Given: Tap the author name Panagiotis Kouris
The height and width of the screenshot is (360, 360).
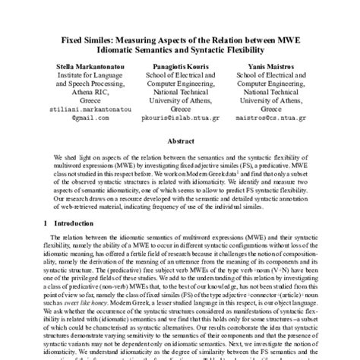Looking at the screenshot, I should click(180, 68).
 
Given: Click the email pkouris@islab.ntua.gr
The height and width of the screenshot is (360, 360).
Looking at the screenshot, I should click(181, 118).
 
